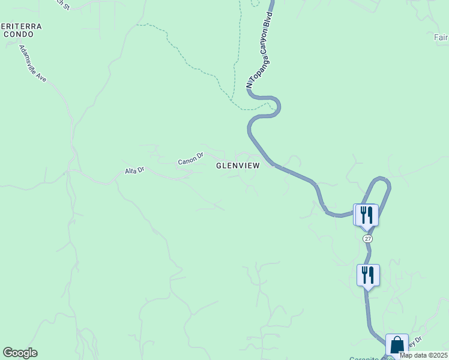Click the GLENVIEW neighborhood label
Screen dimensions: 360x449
pos(239,166)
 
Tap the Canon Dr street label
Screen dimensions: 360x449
pos(191,161)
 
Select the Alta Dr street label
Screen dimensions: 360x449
pos(135,171)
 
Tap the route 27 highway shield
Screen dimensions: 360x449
pos(368,238)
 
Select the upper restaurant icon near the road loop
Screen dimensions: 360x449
pos(367,214)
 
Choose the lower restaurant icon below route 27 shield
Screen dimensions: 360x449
pos(368,275)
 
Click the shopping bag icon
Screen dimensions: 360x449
pos(397,345)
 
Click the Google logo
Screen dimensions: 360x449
pos(20,353)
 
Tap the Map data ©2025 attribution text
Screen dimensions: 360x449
pos(423,355)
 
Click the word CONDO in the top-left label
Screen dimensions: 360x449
pos(17,35)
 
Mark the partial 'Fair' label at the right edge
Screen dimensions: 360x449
pos(441,37)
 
